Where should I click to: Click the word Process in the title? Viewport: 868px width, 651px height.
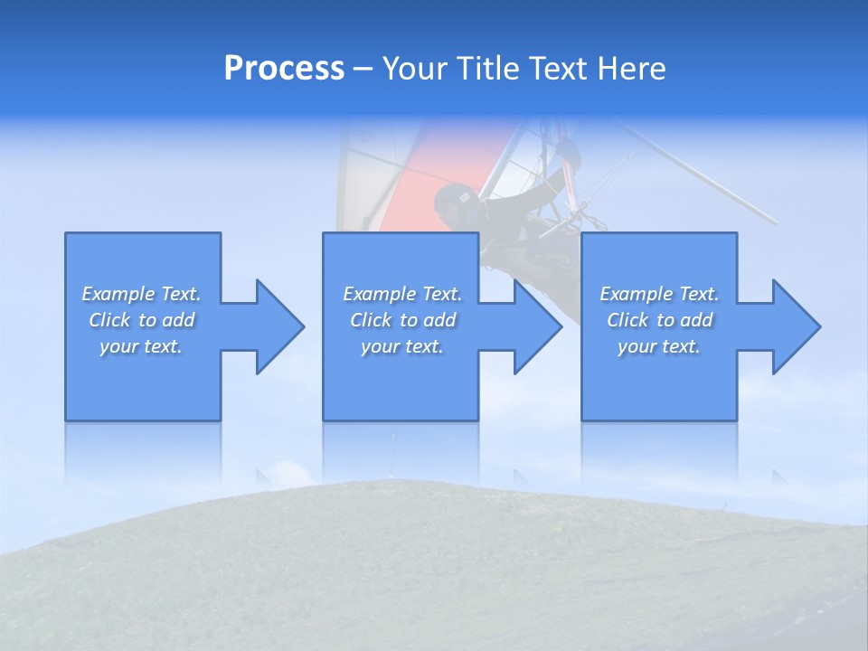[284, 69]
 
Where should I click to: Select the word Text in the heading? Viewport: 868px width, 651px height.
[559, 69]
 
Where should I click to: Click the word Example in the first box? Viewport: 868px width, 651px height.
[118, 294]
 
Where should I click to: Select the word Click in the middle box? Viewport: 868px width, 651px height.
[370, 320]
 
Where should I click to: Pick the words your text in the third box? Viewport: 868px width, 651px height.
[658, 346]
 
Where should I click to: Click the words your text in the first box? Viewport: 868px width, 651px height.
[141, 346]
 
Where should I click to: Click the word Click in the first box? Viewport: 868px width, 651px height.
[108, 320]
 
